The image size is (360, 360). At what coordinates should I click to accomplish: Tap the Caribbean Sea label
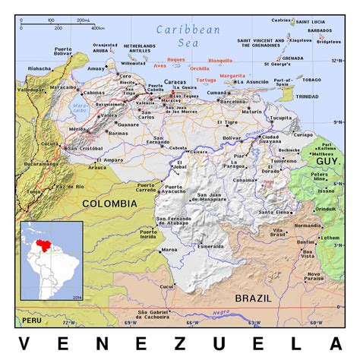click(188, 35)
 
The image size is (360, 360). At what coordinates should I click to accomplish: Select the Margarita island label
click(232, 76)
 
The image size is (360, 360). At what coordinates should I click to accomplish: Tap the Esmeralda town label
click(210, 246)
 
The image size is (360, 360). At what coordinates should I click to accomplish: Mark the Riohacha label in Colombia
click(39, 68)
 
